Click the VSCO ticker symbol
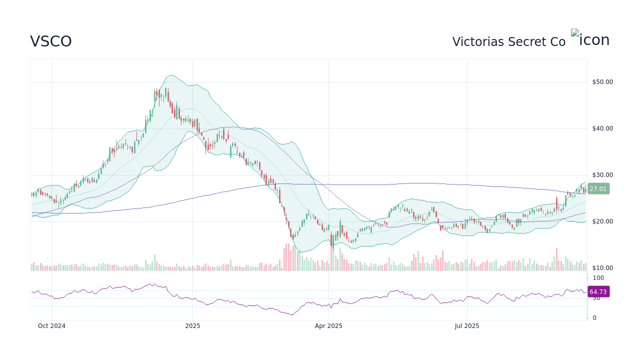tap(51, 41)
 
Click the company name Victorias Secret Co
tap(508, 42)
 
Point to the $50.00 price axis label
tap(602, 82)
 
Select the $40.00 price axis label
tap(602, 128)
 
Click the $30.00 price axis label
tap(602, 175)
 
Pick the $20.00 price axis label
tap(602, 221)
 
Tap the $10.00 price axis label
tap(602, 268)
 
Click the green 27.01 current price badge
tap(598, 189)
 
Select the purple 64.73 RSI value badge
tap(598, 292)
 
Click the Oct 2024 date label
tap(51, 326)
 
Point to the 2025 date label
tap(192, 326)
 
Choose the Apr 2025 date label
tap(328, 326)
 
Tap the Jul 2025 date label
tap(467, 326)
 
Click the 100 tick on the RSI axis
tap(598, 278)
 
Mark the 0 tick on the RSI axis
tap(594, 318)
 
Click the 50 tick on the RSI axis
tap(596, 298)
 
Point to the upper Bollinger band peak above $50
tap(170, 75)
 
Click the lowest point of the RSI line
tap(292, 315)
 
